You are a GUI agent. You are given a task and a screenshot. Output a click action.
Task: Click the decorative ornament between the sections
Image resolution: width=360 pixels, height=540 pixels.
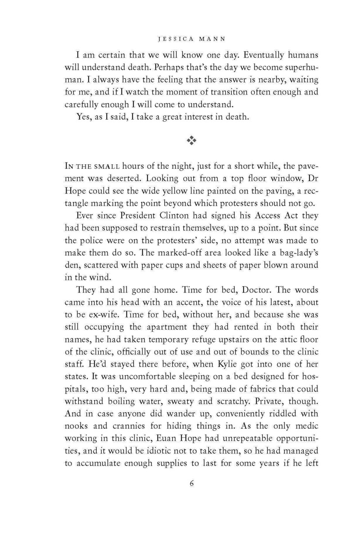[192, 141]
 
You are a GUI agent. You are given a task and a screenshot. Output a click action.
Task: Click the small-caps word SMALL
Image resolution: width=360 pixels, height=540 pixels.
[106, 175]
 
